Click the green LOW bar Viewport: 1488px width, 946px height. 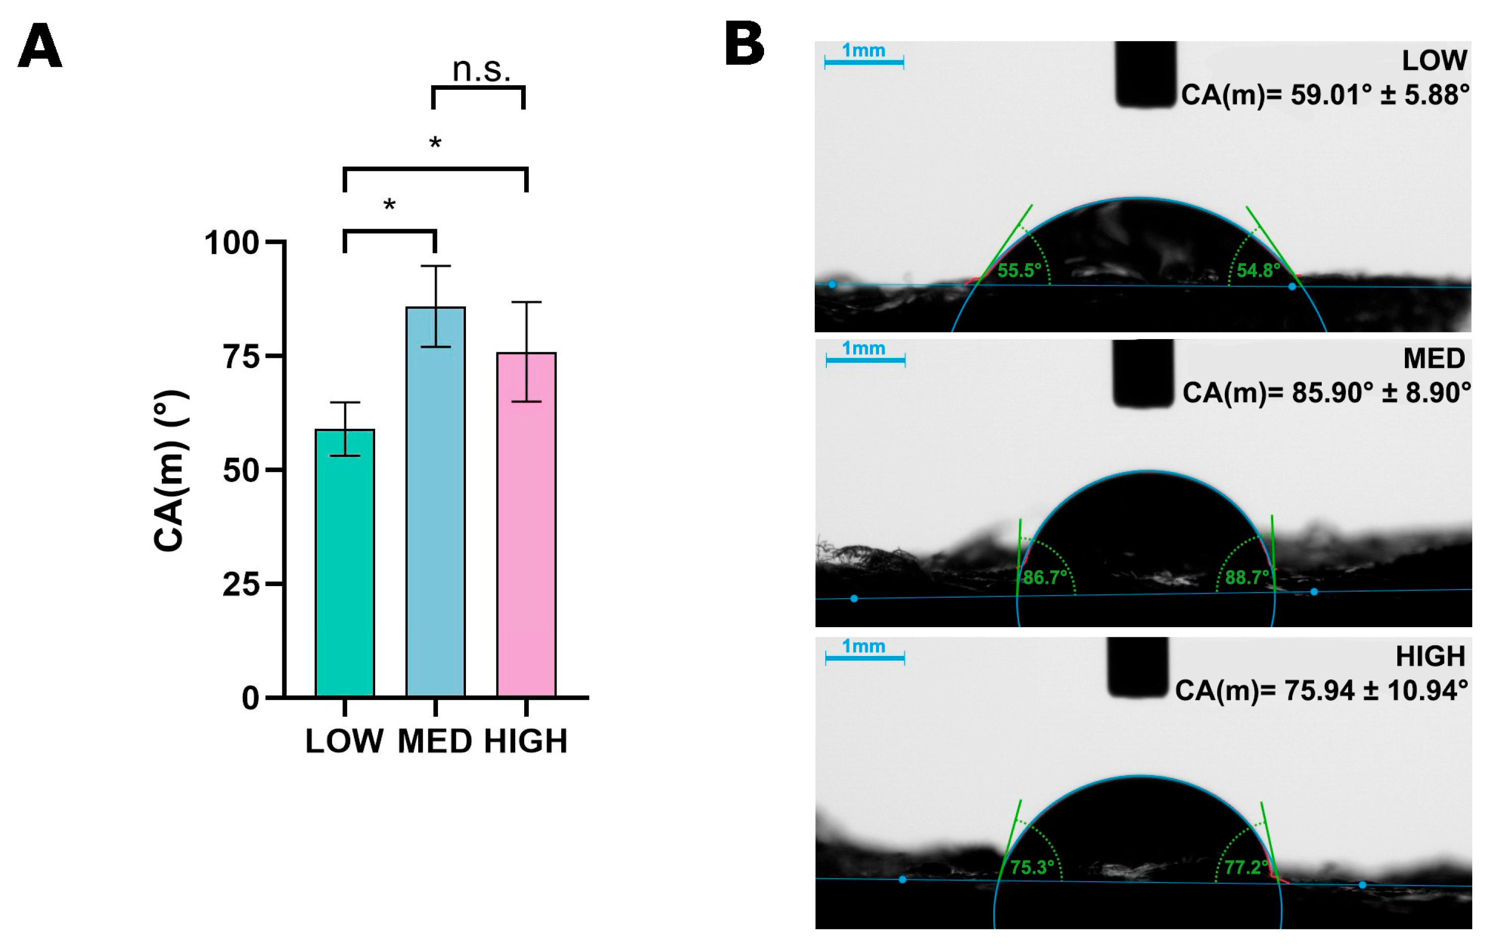click(x=344, y=562)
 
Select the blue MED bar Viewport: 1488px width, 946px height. click(x=435, y=501)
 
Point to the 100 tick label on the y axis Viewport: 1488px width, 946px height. click(x=231, y=243)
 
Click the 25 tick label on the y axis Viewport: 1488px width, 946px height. click(x=240, y=585)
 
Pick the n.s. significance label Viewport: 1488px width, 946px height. click(x=481, y=69)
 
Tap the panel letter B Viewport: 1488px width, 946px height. click(x=744, y=44)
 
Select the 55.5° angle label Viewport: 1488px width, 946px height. click(x=1019, y=271)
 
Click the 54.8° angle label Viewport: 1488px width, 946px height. click(x=1258, y=271)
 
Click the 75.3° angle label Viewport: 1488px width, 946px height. click(x=1032, y=867)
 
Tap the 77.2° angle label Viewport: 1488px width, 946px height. click(x=1246, y=867)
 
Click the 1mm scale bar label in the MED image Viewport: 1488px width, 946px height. click(x=863, y=348)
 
